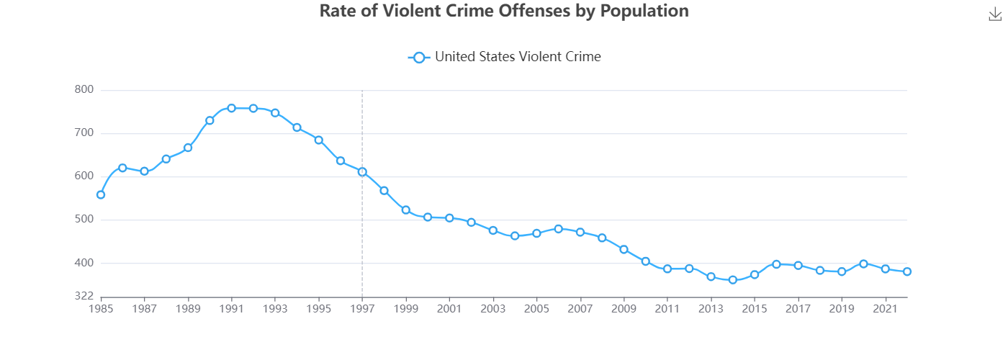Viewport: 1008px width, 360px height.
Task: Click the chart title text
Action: [504, 11]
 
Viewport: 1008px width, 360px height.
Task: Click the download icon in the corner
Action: [995, 14]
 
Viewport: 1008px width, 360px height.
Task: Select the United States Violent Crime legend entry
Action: [504, 57]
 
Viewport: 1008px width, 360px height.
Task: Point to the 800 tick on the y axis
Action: [84, 90]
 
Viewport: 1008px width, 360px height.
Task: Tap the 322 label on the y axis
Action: [84, 296]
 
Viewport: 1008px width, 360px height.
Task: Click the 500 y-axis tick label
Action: [84, 220]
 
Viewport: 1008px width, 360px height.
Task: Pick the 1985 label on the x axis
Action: [101, 309]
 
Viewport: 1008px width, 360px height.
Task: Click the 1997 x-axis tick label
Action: [362, 309]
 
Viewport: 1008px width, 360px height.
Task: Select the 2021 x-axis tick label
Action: [885, 309]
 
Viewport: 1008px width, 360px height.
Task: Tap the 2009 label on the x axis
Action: [624, 309]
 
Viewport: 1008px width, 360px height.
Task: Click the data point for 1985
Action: [101, 194]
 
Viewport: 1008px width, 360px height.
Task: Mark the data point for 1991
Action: [231, 108]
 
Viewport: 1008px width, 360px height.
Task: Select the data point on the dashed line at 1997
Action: [362, 171]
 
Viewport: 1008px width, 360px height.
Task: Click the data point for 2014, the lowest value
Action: [733, 279]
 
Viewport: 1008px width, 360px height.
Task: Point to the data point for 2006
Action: [558, 228]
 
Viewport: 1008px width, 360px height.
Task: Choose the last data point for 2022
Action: [907, 271]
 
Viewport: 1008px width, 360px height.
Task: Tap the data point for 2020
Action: [863, 264]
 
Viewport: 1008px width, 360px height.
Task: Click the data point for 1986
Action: [122, 168]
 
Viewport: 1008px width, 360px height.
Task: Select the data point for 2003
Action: [493, 230]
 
